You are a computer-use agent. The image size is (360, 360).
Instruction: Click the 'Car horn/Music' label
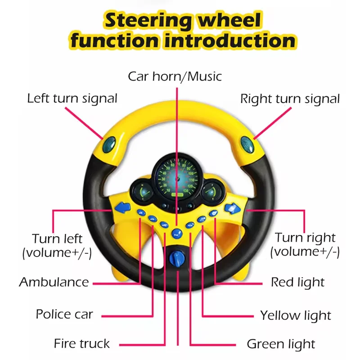(175, 76)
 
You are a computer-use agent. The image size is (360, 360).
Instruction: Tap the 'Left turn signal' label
(72, 99)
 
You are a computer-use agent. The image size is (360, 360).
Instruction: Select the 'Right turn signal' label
(290, 99)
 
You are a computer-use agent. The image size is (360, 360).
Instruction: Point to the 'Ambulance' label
(54, 283)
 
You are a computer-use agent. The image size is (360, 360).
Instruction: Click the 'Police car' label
(64, 314)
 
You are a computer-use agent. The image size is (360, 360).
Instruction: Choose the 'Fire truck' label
(81, 344)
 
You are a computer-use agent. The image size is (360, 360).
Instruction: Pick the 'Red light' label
(297, 283)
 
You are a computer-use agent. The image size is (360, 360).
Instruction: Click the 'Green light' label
(281, 345)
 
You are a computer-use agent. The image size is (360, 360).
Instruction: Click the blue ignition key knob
(177, 258)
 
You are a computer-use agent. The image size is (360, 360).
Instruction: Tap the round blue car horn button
(177, 233)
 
